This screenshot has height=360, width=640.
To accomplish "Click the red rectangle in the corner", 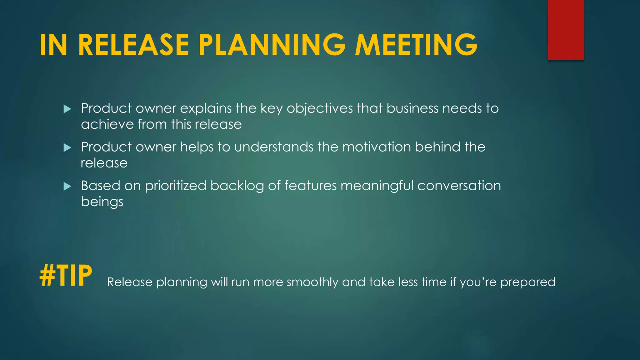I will (x=566, y=30).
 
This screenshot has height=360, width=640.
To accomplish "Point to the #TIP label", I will (x=66, y=275).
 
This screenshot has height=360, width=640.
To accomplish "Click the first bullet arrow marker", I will (x=67, y=109).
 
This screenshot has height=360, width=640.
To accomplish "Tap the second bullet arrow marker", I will (x=67, y=147).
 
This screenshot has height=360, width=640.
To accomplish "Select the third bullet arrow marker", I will (x=67, y=187).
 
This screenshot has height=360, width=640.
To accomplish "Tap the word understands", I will (x=274, y=147).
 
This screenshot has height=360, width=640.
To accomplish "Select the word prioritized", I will (x=175, y=186).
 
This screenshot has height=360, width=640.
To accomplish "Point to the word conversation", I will (x=459, y=186).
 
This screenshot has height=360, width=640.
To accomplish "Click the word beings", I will (x=102, y=202).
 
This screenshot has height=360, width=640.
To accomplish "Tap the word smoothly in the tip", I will (x=312, y=282).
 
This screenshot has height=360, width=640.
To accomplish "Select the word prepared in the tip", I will (x=527, y=282).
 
